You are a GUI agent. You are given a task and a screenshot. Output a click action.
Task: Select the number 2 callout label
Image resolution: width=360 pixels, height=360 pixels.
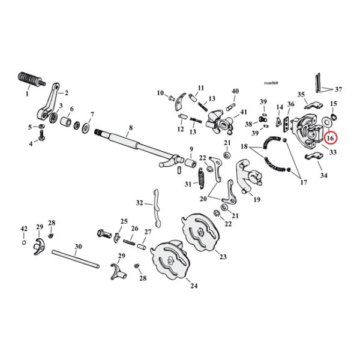pyautogui.click(x=66, y=93)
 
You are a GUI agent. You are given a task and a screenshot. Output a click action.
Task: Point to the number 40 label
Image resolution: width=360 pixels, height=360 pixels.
pyautogui.click(x=235, y=91)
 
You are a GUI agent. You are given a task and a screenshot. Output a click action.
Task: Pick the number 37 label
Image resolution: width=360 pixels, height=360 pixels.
pyautogui.click(x=338, y=89)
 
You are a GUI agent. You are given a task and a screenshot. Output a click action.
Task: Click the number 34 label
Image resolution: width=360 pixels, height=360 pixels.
pyautogui.click(x=325, y=175)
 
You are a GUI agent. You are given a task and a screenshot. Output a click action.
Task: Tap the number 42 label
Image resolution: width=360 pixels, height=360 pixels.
pyautogui.click(x=24, y=229)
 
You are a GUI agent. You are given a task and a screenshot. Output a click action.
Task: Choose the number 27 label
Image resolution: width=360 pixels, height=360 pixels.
pyautogui.click(x=148, y=232)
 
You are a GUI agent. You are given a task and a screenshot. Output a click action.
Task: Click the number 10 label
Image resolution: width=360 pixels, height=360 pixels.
pyautogui.click(x=161, y=93)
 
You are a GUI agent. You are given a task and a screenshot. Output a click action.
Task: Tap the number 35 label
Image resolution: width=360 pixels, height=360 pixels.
pyautogui.click(x=301, y=94)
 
